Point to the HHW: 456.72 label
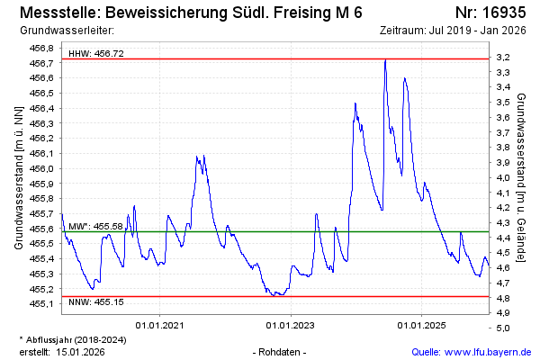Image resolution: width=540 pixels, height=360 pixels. point(96,54)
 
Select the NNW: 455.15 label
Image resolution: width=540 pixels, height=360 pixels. point(96,302)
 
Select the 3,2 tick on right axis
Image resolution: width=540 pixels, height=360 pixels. point(504,58)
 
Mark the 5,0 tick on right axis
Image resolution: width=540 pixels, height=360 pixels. point(504,328)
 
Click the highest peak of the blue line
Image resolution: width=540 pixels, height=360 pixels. point(385,60)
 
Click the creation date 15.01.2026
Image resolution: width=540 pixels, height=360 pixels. point(80,352)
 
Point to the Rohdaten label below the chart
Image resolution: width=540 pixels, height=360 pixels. point(282,352)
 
